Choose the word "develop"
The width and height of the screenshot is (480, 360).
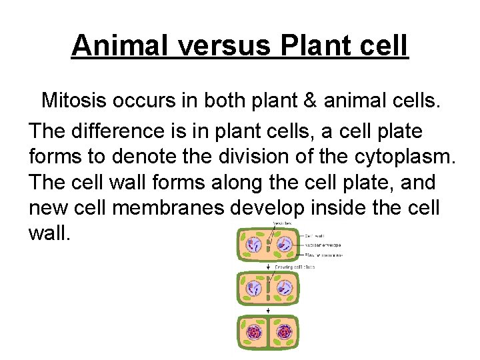(268, 208)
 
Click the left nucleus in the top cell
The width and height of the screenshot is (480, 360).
(254, 245)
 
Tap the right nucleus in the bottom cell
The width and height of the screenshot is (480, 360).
(285, 331)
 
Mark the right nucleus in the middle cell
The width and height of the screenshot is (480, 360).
(285, 288)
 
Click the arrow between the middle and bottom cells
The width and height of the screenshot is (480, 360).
(269, 311)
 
